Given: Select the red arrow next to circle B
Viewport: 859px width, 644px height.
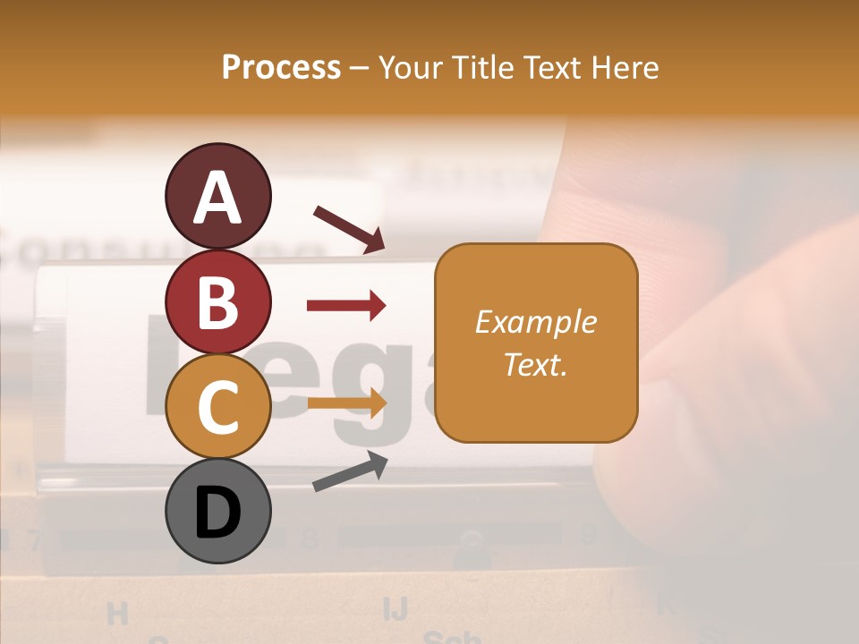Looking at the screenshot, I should (346, 306).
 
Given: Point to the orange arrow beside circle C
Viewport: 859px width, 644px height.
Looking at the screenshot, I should (346, 403).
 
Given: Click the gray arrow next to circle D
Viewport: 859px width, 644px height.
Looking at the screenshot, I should (350, 471).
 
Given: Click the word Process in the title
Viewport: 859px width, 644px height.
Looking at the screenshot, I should (281, 67).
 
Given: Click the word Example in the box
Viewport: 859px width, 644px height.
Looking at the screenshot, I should (535, 322).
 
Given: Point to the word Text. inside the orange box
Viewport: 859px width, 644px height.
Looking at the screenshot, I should (535, 364).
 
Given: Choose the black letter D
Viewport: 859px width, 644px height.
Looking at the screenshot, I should (217, 513).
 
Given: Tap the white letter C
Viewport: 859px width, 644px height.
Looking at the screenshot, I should (217, 407).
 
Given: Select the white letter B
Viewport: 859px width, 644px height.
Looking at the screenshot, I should (217, 301).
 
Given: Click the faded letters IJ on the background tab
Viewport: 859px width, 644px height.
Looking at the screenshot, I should (395, 609).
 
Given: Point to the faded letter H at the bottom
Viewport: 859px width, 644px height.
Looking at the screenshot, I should (117, 614).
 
